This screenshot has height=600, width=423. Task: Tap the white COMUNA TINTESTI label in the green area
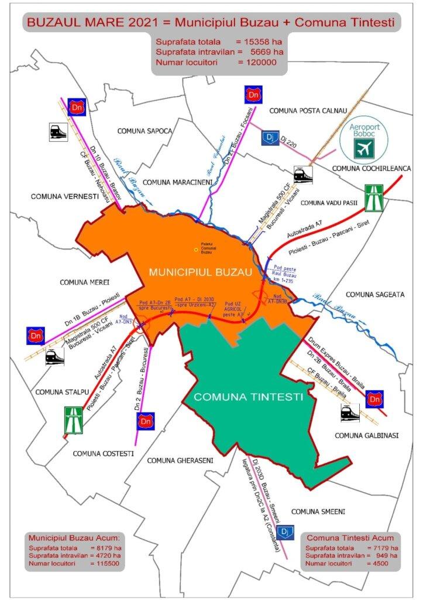click(248, 397)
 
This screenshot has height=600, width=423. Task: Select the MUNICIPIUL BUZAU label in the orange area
click(200, 272)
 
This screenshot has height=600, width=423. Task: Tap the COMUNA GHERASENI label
click(180, 460)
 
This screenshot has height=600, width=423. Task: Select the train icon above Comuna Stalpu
click(55, 357)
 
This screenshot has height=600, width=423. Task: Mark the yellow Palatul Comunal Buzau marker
click(196, 250)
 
